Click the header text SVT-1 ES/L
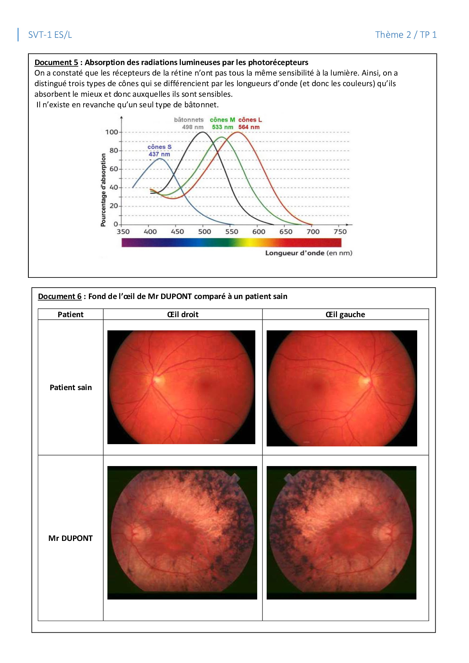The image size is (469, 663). tap(50, 35)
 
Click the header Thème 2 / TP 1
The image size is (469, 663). tap(406, 35)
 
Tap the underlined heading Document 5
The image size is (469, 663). tap(56, 62)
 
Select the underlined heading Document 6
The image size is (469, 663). tap(60, 296)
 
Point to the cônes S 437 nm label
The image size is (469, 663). tap(159, 150)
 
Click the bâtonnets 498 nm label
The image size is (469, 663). tap(189, 123)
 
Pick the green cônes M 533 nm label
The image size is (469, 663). tap(222, 123)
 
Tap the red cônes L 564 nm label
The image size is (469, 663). tap(250, 123)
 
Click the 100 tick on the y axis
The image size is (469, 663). tap(112, 132)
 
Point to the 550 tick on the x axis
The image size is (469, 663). tap(231, 232)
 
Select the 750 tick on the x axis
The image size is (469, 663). tap(340, 232)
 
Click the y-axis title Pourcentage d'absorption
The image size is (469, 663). tap(103, 190)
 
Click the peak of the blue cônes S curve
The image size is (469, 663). tap(160, 159)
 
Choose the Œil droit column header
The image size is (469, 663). tap(183, 314)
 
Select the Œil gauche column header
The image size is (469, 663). tap(345, 314)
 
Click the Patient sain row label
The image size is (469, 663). tap(71, 387)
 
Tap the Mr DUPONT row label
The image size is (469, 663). tap(70, 538)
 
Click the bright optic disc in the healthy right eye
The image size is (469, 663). tap(157, 378)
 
